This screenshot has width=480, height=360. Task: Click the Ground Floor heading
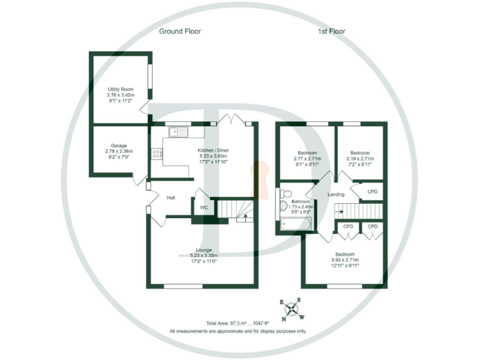tap(179, 31)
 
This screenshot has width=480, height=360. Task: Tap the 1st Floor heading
tap(331, 31)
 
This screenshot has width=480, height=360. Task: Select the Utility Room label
tap(121, 94)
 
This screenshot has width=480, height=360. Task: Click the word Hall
tap(171, 197)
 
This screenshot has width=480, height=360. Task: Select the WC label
tap(204, 207)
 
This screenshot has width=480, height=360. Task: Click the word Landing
tap(336, 195)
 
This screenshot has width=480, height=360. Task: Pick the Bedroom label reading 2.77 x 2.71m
tap(307, 159)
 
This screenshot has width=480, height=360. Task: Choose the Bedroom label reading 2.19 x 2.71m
tap(359, 159)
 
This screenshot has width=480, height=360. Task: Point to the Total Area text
tap(237, 322)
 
